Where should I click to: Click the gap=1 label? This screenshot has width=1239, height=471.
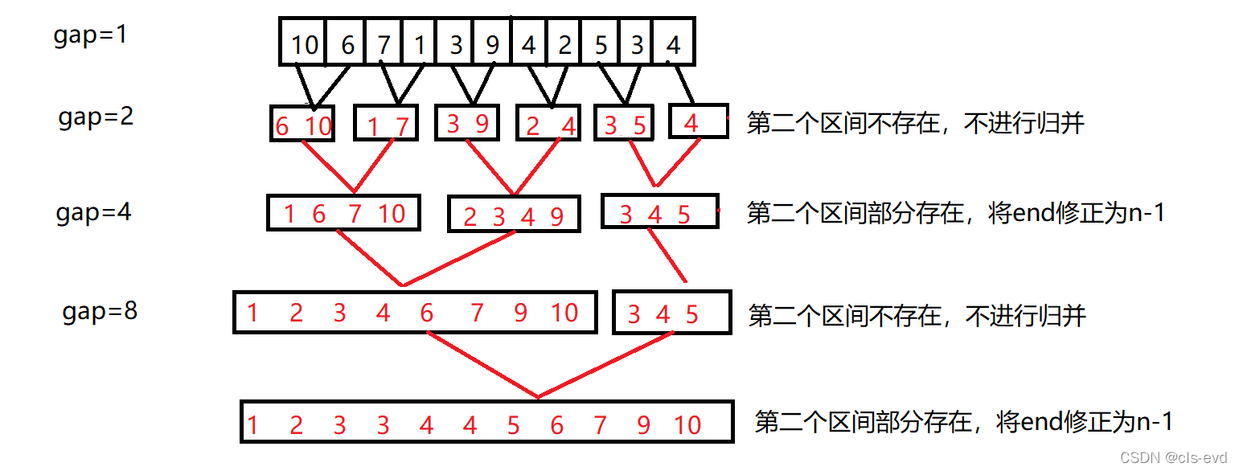(x=90, y=36)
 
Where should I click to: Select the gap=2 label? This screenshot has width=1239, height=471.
(x=96, y=117)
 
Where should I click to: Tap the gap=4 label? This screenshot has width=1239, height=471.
(x=93, y=212)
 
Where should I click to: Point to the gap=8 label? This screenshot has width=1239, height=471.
(x=100, y=311)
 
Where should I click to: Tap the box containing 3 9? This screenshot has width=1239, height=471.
(x=467, y=125)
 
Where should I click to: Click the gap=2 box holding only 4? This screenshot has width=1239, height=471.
(x=698, y=123)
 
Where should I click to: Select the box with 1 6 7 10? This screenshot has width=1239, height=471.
(x=344, y=214)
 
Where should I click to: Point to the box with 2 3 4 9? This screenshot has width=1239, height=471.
(x=513, y=215)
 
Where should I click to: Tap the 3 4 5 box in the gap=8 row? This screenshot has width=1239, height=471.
(x=671, y=313)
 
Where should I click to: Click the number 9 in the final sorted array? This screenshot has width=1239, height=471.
(x=643, y=424)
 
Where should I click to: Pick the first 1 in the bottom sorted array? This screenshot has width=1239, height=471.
(x=253, y=424)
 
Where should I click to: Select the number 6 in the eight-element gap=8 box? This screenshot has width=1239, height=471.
(x=426, y=312)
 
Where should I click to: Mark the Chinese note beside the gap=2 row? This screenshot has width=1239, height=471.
(x=916, y=123)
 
